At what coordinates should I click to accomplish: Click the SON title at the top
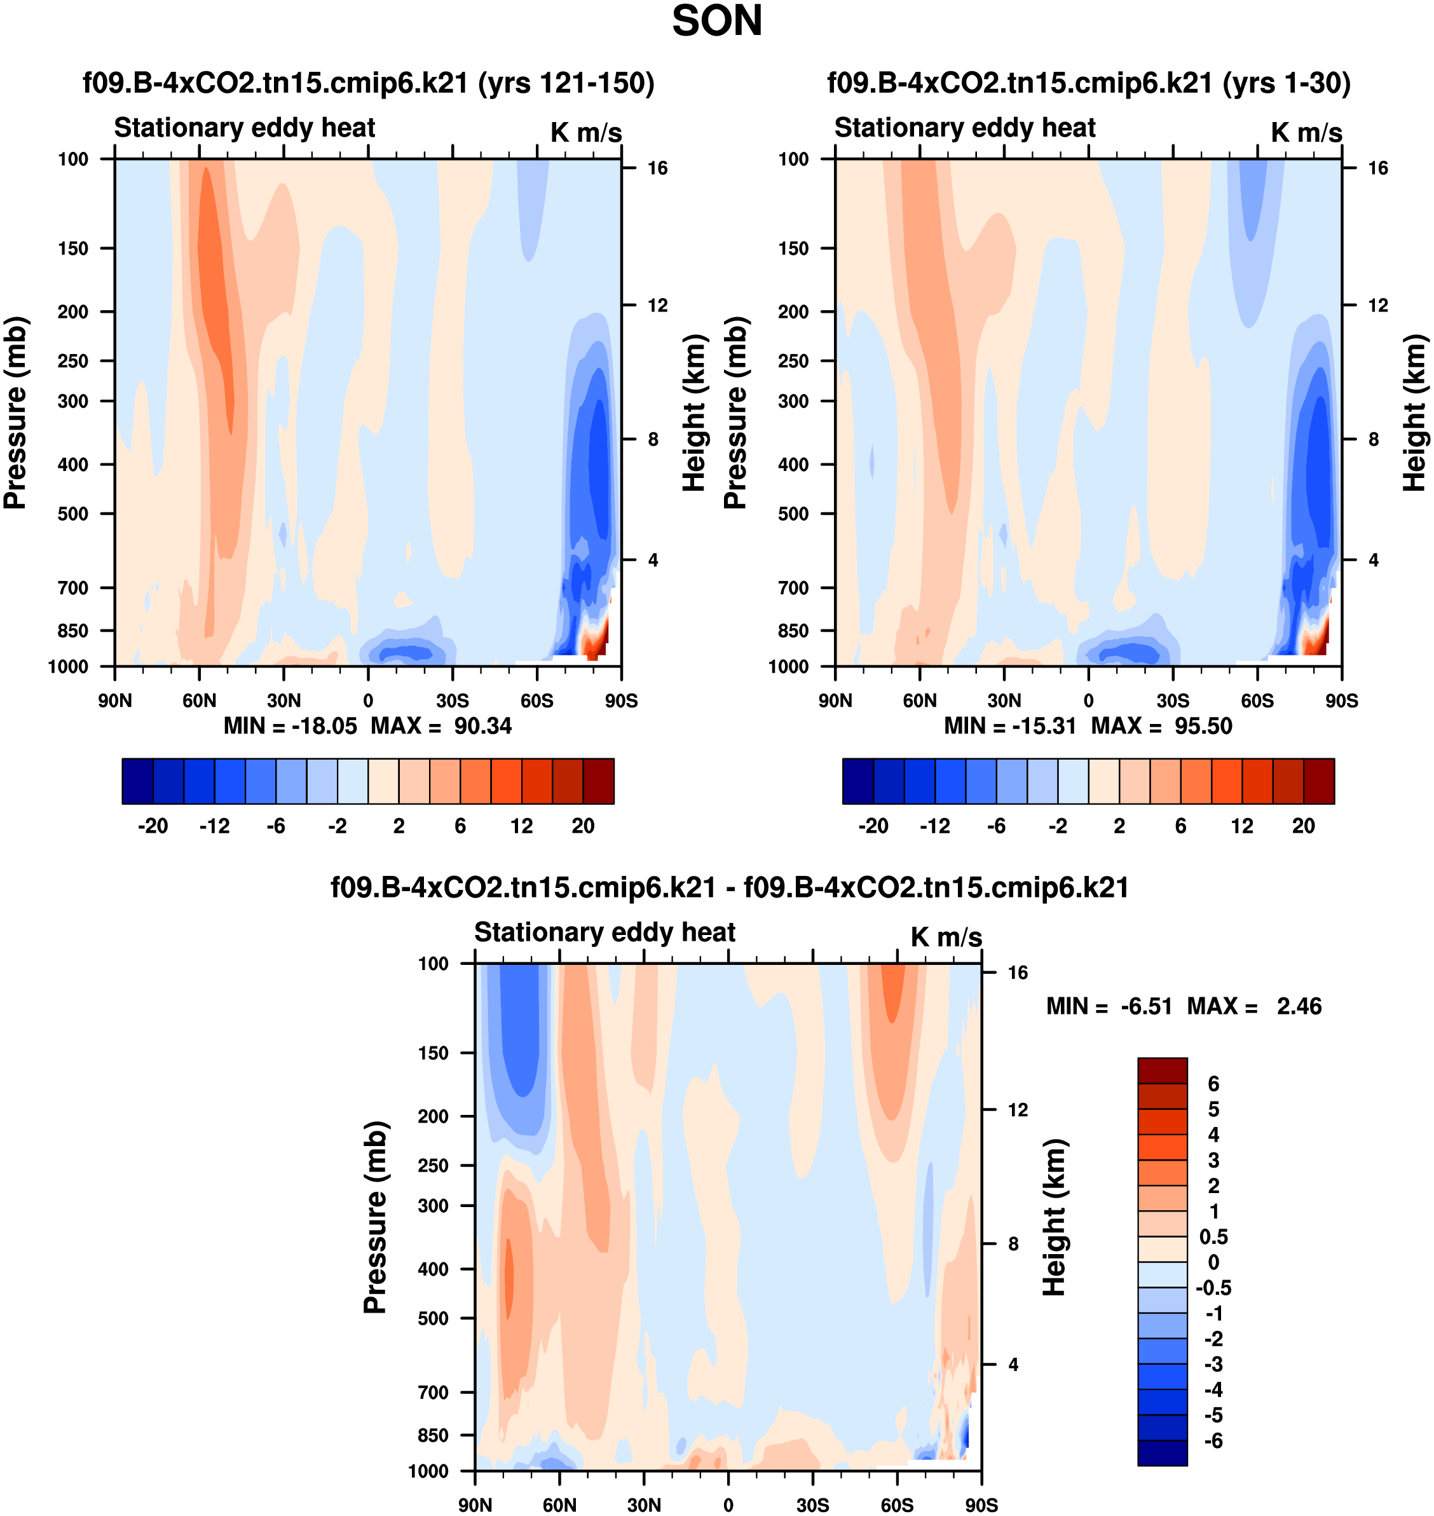tap(716, 22)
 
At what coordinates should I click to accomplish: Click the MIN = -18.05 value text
tap(290, 725)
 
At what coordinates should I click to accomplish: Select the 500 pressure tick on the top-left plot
tap(73, 514)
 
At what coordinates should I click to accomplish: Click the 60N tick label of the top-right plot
tap(920, 701)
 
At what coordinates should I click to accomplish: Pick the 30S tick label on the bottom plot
tap(812, 1505)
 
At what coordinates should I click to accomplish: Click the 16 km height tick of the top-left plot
tap(657, 168)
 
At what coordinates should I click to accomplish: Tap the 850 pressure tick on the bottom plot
tap(433, 1435)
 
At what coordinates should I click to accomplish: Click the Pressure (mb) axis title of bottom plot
tap(375, 1217)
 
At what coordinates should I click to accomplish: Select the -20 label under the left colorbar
tap(153, 826)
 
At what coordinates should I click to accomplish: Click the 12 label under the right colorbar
tap(1242, 826)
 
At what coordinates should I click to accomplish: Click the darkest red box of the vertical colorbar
tap(1162, 1070)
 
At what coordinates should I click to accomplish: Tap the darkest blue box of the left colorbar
tap(137, 781)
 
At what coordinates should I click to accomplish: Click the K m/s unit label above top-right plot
tap(1306, 132)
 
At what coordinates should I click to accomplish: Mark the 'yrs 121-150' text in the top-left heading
tap(566, 83)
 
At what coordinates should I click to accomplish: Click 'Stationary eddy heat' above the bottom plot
tap(604, 932)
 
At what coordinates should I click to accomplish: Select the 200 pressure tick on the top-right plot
tap(793, 312)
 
